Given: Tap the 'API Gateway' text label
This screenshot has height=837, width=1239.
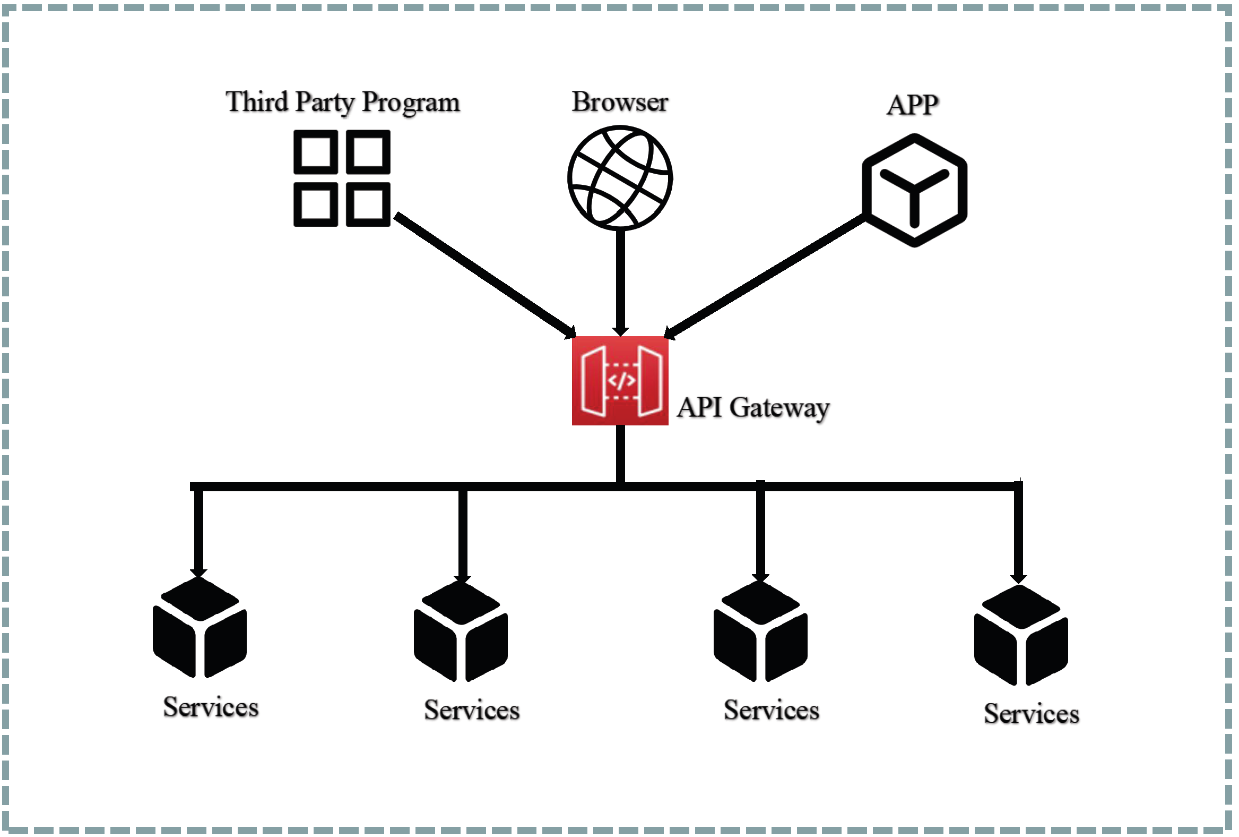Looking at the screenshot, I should (753, 408).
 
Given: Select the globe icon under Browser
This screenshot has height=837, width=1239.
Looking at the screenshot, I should (620, 177).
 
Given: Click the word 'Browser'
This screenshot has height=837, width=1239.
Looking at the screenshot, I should (620, 102).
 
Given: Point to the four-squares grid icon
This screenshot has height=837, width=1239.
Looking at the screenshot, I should (342, 178).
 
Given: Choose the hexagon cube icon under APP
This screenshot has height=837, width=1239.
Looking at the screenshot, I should (914, 191).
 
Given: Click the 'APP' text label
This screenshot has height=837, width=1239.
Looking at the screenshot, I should (912, 105).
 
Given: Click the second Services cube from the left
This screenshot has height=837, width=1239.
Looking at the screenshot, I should (461, 631).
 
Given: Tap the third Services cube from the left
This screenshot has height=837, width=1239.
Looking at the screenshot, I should (760, 631).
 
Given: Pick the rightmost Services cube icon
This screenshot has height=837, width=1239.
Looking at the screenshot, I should (1020, 635).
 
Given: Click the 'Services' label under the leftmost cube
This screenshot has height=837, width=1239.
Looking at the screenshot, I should (211, 707).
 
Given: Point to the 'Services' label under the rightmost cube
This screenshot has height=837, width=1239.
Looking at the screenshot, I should (1031, 714).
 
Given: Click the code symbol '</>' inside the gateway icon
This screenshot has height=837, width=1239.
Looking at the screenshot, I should (622, 380).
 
